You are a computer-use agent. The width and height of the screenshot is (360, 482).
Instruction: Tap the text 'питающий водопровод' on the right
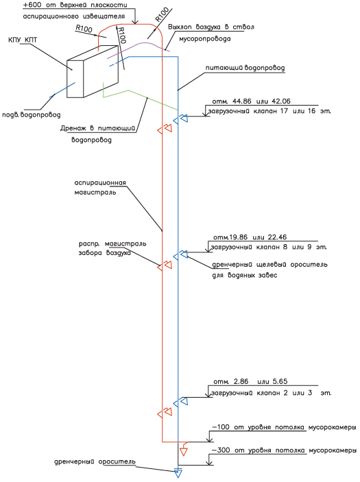pyautogui.click(x=245, y=68)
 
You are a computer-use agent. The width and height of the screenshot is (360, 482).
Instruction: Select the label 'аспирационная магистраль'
pyautogui.click(x=100, y=187)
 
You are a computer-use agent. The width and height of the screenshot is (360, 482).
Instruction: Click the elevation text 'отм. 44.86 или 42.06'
pyautogui.click(x=251, y=101)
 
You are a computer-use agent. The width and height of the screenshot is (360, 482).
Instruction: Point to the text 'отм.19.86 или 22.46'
pyautogui.click(x=250, y=237)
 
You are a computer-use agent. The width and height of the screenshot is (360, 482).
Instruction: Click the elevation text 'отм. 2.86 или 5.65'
pyautogui.click(x=250, y=381)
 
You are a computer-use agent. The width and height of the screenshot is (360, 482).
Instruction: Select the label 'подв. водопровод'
pyautogui.click(x=32, y=115)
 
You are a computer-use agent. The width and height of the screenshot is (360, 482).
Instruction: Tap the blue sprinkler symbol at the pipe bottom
pyautogui.click(x=178, y=473)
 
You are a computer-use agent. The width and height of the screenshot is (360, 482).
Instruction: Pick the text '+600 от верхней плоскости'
pyautogui.click(x=75, y=5)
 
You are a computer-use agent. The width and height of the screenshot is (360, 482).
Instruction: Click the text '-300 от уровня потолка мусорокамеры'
pyautogui.click(x=284, y=450)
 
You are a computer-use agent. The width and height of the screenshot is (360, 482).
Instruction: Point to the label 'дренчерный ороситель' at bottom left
pyautogui.click(x=95, y=462)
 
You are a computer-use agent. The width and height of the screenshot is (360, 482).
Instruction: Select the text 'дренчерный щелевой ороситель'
pyautogui.click(x=270, y=265)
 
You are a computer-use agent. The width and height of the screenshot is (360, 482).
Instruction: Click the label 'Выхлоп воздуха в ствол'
pyautogui.click(x=211, y=27)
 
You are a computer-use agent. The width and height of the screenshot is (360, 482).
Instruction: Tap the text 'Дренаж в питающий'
pyautogui.click(x=98, y=128)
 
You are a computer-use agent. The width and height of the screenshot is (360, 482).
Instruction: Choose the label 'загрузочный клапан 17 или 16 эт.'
pyautogui.click(x=269, y=111)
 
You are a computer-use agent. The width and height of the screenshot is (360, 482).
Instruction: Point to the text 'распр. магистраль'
pyautogui.click(x=112, y=244)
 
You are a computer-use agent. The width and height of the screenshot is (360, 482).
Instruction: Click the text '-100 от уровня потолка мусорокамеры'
pyautogui.click(x=284, y=427)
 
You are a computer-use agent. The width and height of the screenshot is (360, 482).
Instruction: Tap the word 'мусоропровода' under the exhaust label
pyautogui.click(x=205, y=39)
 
